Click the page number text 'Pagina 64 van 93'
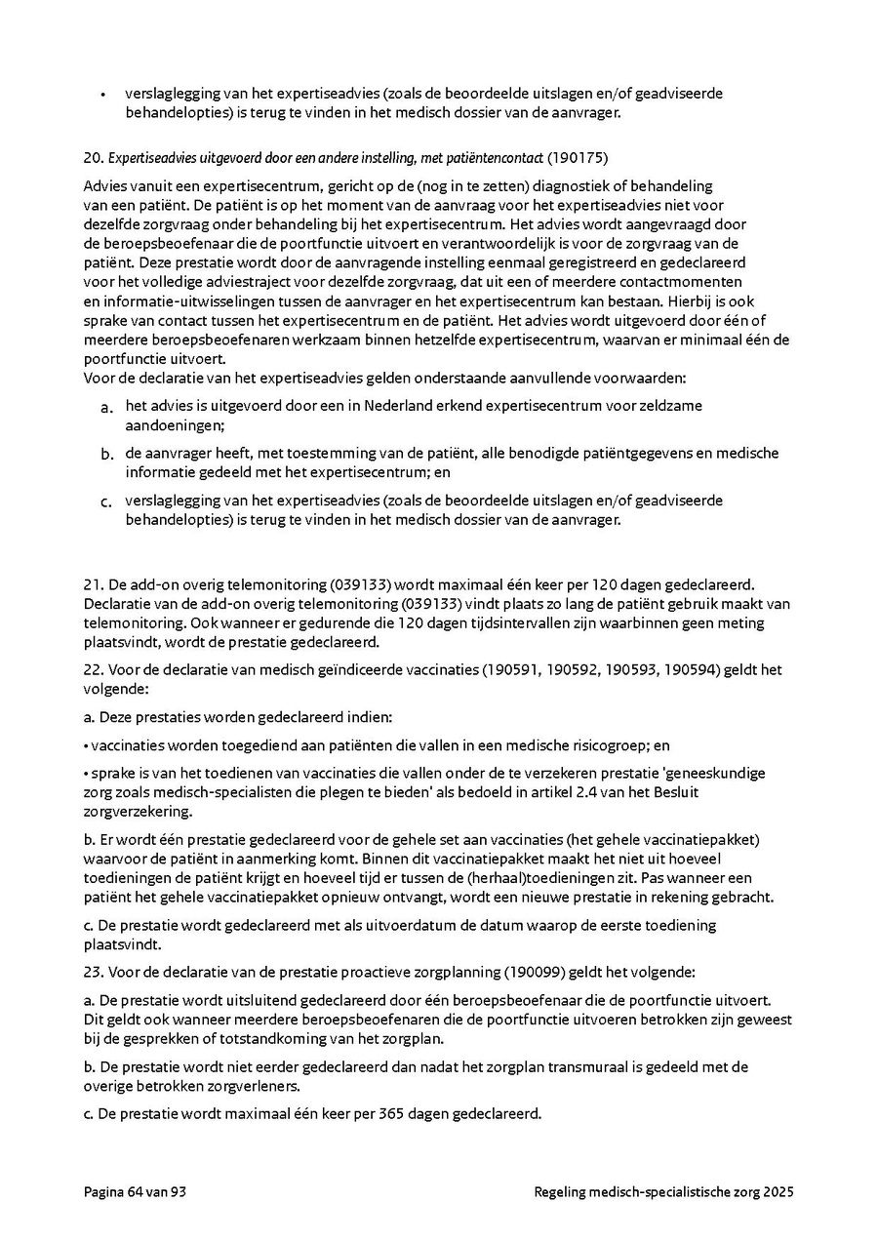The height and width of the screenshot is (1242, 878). (x=135, y=1191)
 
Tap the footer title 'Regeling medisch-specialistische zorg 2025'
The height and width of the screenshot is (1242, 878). (x=663, y=1191)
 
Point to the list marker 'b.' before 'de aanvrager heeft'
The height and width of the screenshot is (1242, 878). (x=107, y=455)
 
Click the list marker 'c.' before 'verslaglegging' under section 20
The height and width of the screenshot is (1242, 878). (x=107, y=502)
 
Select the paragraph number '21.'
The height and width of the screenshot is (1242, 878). (x=94, y=585)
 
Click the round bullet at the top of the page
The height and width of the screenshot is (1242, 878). (x=103, y=95)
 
